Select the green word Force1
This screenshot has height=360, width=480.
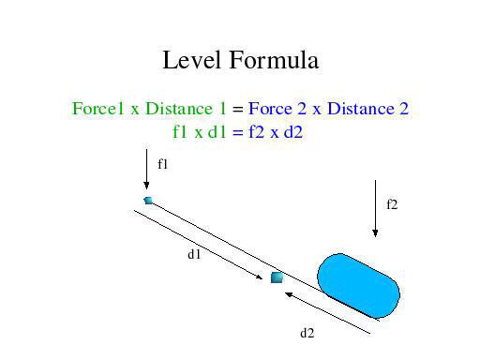click(98, 109)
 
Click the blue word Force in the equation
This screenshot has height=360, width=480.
click(272, 109)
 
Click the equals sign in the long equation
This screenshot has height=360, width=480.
click(238, 110)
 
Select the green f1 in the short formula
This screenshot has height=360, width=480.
click(180, 132)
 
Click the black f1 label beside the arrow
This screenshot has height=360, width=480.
click(162, 164)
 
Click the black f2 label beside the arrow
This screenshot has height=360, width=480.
click(392, 203)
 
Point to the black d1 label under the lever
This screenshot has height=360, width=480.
click(194, 253)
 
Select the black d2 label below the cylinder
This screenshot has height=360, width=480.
click(307, 333)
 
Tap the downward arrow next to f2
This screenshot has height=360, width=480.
click(375, 208)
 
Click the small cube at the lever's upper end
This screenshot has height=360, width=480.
click(148, 200)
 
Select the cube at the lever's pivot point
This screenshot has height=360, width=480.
click(277, 277)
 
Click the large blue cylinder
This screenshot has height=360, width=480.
click(358, 283)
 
